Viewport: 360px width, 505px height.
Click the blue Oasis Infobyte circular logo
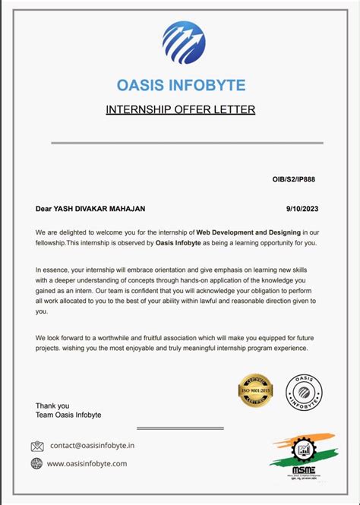pyautogui.click(x=183, y=42)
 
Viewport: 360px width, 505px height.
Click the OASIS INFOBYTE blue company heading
pyautogui.click(x=180, y=85)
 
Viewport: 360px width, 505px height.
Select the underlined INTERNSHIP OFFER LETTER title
pyautogui.click(x=180, y=109)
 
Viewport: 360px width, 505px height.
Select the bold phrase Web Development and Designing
pyautogui.click(x=248, y=231)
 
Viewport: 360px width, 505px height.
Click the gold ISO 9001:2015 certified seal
pyautogui.click(x=255, y=391)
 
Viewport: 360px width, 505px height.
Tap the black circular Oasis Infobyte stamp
pyautogui.click(x=304, y=392)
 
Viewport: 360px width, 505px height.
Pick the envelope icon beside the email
pyautogui.click(x=37, y=446)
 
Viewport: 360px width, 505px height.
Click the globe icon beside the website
pyautogui.click(x=37, y=463)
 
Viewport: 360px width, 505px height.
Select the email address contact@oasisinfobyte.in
pyautogui.click(x=92, y=446)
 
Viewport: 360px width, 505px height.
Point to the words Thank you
pyautogui.click(x=52, y=406)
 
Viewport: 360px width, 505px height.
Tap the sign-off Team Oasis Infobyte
pyautogui.click(x=68, y=415)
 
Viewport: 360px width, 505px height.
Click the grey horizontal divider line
pyautogui.click(x=187, y=142)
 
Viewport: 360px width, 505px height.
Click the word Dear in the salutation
pyautogui.click(x=43, y=208)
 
